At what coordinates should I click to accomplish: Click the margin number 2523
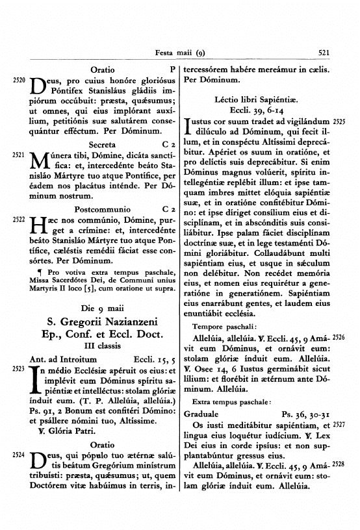click(18, 368)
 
